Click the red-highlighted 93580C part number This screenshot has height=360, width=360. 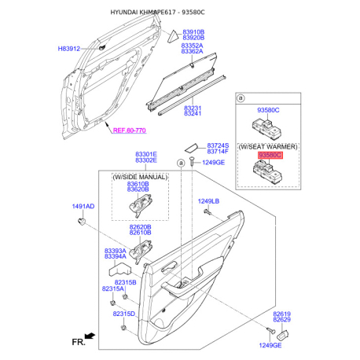pyautogui.click(x=270, y=156)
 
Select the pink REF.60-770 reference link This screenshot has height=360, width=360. pyautogui.click(x=130, y=130)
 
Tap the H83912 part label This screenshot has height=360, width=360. pyautogui.click(x=69, y=49)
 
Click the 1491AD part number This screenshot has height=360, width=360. pyautogui.click(x=83, y=206)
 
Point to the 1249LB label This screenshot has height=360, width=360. pyautogui.click(x=208, y=201)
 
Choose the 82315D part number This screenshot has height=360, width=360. pyautogui.click(x=124, y=314)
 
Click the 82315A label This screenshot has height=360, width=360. pyautogui.click(x=112, y=288)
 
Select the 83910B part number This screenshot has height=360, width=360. pyautogui.click(x=193, y=32)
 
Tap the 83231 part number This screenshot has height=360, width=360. pyautogui.click(x=193, y=108)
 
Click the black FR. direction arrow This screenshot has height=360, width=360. pyautogui.click(x=90, y=336)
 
